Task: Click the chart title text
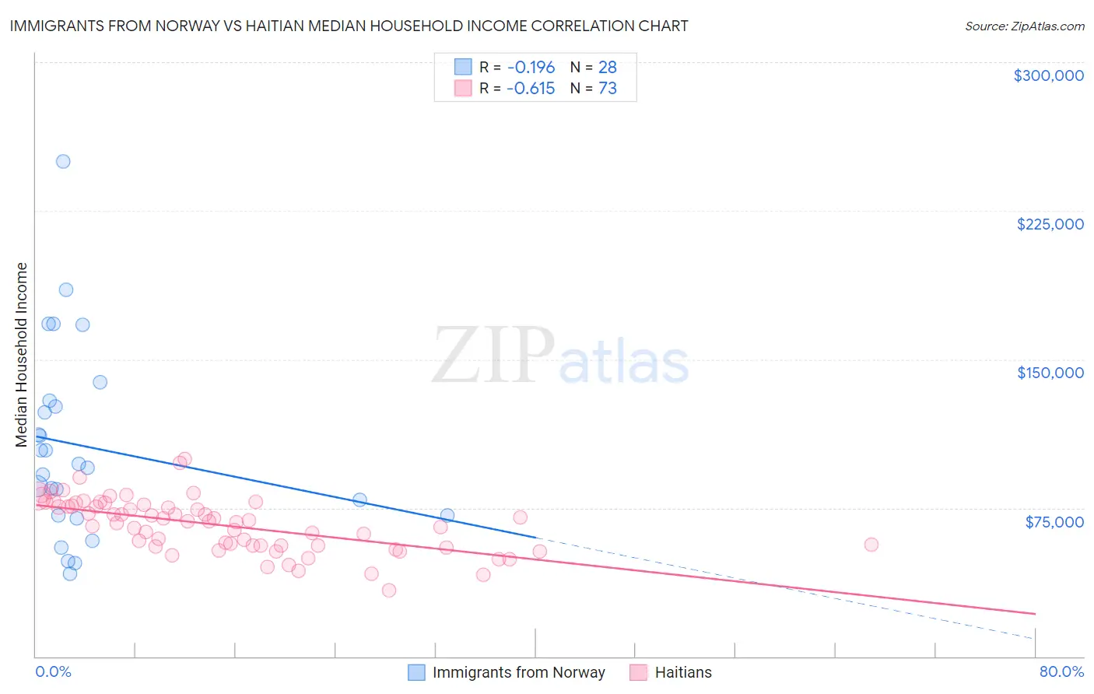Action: pyautogui.click(x=349, y=26)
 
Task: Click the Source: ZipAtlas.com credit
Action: pyautogui.click(x=1024, y=26)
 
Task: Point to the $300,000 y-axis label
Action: pyautogui.click(x=1048, y=75)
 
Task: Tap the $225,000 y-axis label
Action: pyautogui.click(x=1050, y=224)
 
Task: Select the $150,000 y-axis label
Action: pyautogui.click(x=1050, y=373)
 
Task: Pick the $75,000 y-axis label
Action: pyautogui.click(x=1054, y=521)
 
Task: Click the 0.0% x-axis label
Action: pyautogui.click(x=53, y=671)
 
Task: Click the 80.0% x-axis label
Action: pyautogui.click(x=1061, y=671)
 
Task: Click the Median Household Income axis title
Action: pyautogui.click(x=22, y=355)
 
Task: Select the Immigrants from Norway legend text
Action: pyautogui.click(x=518, y=672)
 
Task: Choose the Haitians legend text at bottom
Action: pyautogui.click(x=683, y=672)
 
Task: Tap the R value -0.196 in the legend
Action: pyautogui.click(x=531, y=68)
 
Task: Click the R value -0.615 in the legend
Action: pyautogui.click(x=531, y=89)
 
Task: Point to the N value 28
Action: pyautogui.click(x=608, y=68)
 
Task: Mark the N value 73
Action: pyautogui.click(x=608, y=89)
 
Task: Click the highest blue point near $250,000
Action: pyautogui.click(x=63, y=162)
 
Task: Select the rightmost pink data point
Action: pyautogui.click(x=871, y=545)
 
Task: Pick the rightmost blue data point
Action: pyautogui.click(x=447, y=515)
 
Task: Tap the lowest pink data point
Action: pyautogui.click(x=389, y=591)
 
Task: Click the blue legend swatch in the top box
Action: pyautogui.click(x=463, y=67)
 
